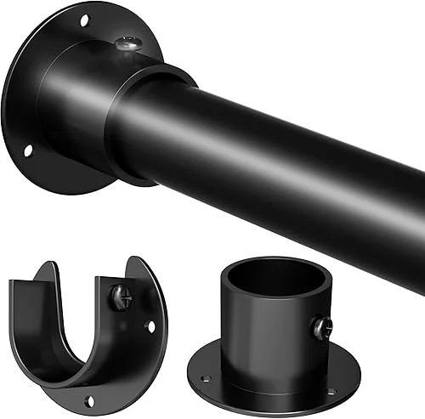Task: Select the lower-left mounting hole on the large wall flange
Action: click(x=27, y=150)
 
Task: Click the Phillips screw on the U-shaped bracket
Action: click(x=121, y=297)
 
